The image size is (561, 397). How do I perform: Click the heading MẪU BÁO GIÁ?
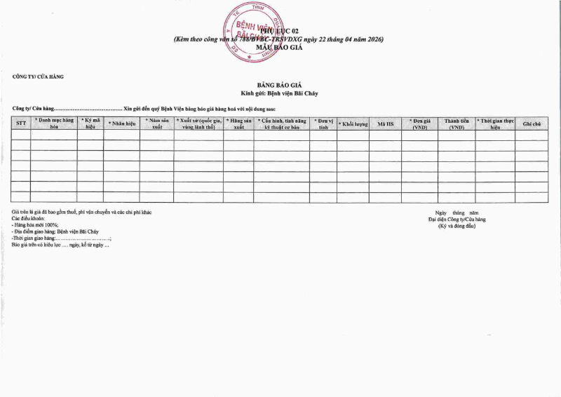click(280, 47)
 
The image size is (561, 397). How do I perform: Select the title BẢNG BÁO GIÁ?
click(280, 85)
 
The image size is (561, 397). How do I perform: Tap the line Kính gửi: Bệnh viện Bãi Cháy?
click(280, 93)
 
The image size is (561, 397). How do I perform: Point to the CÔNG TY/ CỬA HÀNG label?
click(38, 76)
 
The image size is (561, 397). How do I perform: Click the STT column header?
click(20, 124)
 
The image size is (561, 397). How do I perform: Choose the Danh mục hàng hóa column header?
click(54, 124)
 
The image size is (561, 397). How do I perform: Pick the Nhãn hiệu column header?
click(121, 124)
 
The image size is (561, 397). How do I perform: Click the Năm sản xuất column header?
click(156, 124)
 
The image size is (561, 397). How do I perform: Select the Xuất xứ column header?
click(198, 124)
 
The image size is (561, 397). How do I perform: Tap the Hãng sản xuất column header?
click(238, 124)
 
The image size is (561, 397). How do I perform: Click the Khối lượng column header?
click(353, 124)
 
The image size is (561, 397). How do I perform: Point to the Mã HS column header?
click(385, 124)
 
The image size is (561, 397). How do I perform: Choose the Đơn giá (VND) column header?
click(420, 124)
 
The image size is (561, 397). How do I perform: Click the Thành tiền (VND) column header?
click(457, 124)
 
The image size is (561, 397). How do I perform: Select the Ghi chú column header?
click(532, 124)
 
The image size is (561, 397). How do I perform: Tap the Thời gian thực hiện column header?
click(494, 124)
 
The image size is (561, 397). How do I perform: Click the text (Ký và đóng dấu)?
click(457, 227)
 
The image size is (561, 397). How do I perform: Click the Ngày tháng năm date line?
click(457, 213)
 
